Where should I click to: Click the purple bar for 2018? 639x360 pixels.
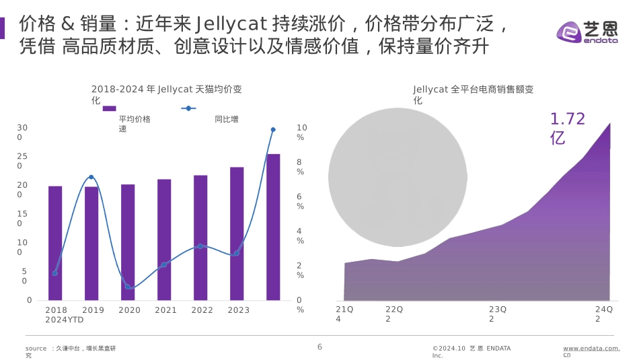click(x=55, y=243)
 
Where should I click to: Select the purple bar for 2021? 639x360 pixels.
click(x=164, y=240)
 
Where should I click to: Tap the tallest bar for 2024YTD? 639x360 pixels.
click(x=273, y=227)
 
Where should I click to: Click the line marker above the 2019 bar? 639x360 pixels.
click(x=91, y=178)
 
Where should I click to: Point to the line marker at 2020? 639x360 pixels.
click(x=128, y=287)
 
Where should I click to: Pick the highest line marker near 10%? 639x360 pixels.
click(x=273, y=129)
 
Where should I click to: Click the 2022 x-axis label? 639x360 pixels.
click(x=202, y=310)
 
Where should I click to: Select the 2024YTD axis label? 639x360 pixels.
click(x=65, y=320)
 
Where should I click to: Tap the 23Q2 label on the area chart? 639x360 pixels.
click(x=498, y=314)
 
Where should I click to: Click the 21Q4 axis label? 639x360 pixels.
click(x=344, y=314)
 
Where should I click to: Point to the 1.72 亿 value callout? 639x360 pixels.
click(x=567, y=129)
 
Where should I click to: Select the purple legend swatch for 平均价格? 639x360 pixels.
click(x=109, y=108)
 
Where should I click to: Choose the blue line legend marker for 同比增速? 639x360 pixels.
click(x=189, y=108)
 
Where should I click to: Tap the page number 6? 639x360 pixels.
click(x=320, y=347)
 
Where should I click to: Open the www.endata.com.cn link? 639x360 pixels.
click(x=591, y=351)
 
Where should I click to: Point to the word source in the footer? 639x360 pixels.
click(x=36, y=349)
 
